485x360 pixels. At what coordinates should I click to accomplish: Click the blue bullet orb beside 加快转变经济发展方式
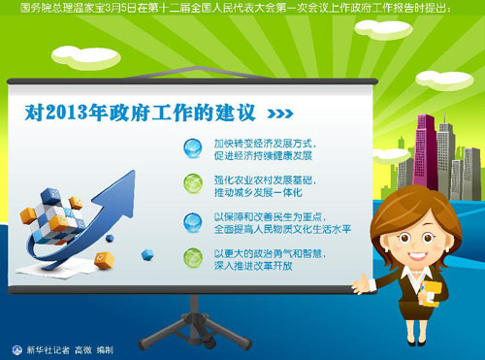[194, 147]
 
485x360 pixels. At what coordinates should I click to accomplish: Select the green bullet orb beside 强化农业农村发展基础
[194, 183]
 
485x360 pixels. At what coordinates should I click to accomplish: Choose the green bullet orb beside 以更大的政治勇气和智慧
[194, 257]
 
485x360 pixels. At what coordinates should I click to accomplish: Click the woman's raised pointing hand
[360, 281]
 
